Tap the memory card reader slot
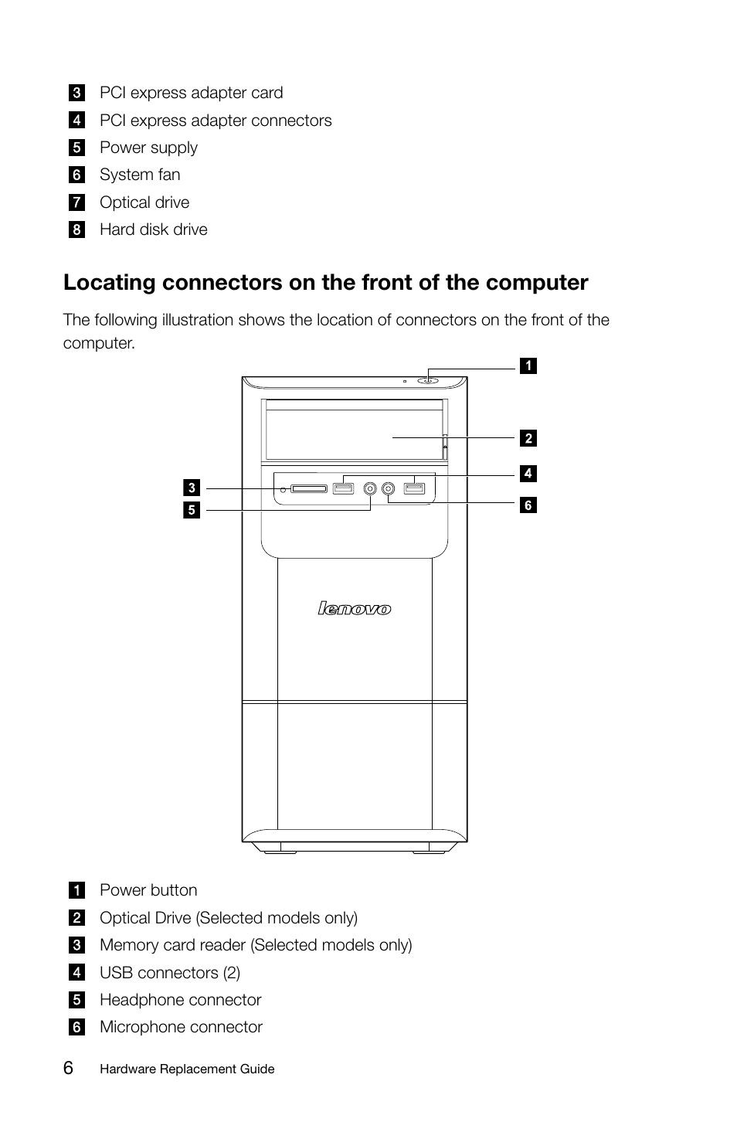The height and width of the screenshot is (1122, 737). pos(309,488)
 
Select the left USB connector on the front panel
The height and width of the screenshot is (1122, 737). pos(343,488)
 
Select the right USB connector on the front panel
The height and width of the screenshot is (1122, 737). pos(414,488)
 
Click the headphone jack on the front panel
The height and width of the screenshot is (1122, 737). pos(371,488)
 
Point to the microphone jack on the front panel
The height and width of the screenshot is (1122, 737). pos(388,488)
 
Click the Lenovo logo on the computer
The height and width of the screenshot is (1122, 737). pos(355,609)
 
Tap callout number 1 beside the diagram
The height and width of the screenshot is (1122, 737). pos(528,366)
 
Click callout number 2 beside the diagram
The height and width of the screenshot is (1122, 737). pos(528,438)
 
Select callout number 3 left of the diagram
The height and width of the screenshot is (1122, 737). pos(192,488)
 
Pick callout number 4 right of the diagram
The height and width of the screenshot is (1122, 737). pos(528,473)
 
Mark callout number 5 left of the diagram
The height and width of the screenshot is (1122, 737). pos(192,510)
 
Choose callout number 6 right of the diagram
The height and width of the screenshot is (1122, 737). pos(528,505)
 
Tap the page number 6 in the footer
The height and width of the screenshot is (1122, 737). pos(69,1068)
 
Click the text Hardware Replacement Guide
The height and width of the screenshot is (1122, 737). pos(187,1069)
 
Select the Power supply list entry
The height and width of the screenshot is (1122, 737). pos(148,148)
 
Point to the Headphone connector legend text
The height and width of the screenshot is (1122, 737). pos(180,1000)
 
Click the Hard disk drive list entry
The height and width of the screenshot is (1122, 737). pos(153,229)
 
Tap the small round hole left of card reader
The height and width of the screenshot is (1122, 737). pos(284,489)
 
